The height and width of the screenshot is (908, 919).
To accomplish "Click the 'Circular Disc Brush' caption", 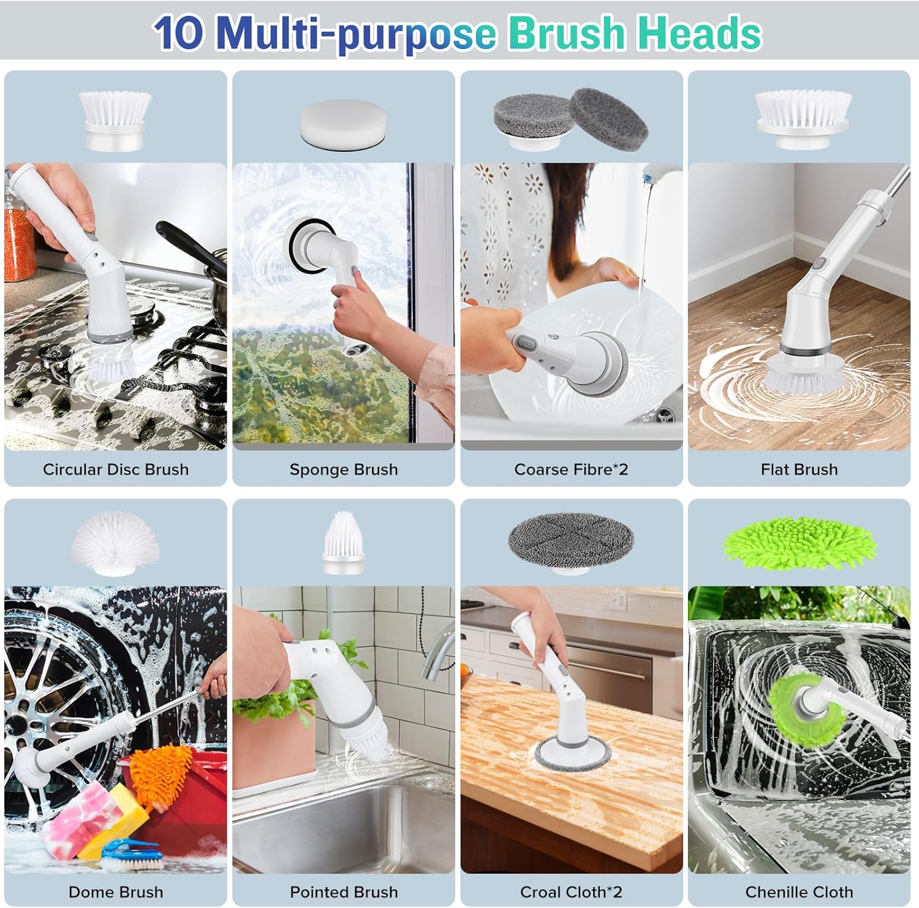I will click(115, 469).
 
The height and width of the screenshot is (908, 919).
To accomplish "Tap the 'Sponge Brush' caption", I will click(343, 469).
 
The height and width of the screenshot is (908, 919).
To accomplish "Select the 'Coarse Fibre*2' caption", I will click(571, 469).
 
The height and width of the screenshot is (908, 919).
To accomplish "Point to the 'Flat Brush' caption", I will click(799, 469).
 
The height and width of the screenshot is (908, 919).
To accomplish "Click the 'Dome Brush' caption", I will click(115, 892).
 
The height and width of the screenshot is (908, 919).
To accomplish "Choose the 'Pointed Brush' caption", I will click(343, 892).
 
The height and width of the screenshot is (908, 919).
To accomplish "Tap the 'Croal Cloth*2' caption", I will click(571, 892).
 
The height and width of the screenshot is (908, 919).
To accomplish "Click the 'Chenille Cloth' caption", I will click(799, 892).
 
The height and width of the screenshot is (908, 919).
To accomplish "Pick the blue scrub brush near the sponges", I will click(132, 855).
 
